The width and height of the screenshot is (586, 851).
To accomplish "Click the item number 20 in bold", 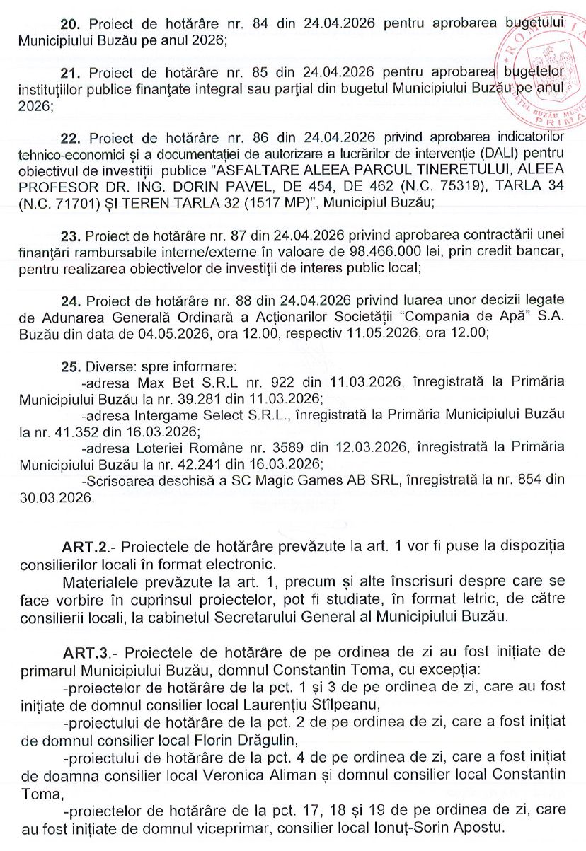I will click(x=73, y=23).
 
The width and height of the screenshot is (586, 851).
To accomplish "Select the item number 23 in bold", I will click(x=72, y=235).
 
